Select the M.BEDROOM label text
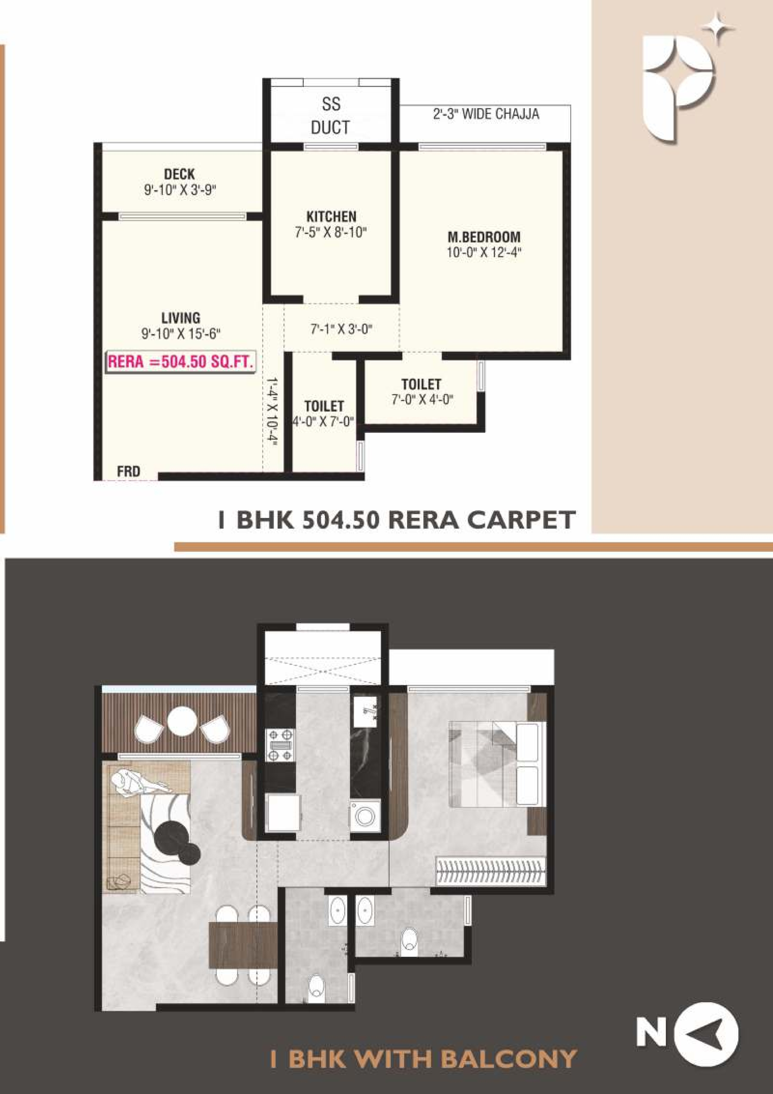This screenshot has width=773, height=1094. tap(484, 237)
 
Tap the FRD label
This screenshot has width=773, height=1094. tap(129, 472)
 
